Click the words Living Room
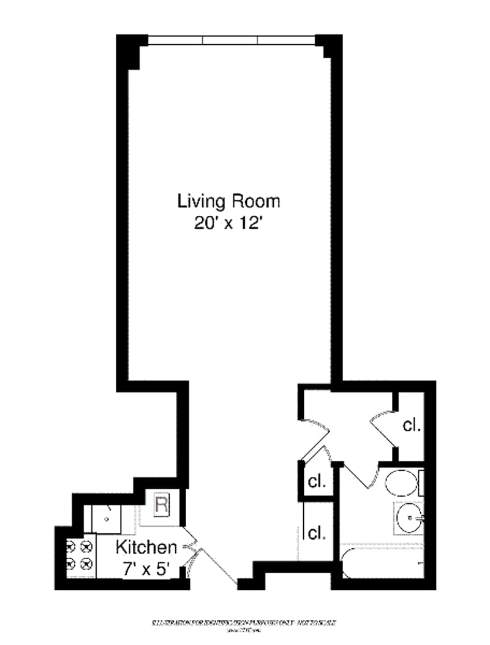[x=228, y=200]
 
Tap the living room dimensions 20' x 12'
[x=228, y=223]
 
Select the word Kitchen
[x=146, y=547]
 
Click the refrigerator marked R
[x=161, y=506]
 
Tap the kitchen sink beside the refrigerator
[x=107, y=519]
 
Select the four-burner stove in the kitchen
[x=78, y=553]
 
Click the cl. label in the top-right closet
[x=412, y=425]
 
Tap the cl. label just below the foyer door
[x=317, y=481]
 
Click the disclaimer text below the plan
[x=244, y=624]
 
